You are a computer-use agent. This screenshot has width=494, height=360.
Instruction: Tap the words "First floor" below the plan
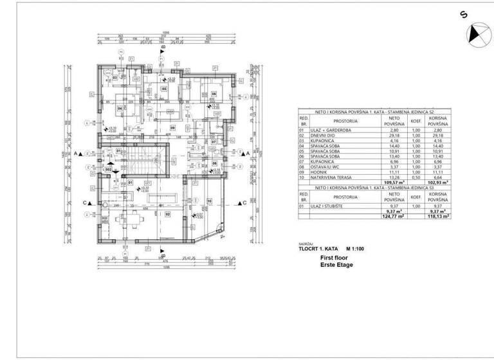pos(334,257)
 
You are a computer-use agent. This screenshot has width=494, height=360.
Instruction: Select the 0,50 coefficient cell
pos(416,178)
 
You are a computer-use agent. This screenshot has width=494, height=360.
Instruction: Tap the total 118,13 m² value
pos(438,216)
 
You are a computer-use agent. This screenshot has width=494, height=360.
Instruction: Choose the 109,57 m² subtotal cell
pos(392,183)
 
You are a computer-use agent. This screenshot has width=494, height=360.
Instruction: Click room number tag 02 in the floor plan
pos(168,213)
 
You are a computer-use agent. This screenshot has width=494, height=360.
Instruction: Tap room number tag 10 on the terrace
pos(209,201)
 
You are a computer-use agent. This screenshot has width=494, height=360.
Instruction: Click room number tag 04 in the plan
pos(119,109)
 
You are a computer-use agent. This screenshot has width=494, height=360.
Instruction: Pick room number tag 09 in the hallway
pos(172,128)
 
